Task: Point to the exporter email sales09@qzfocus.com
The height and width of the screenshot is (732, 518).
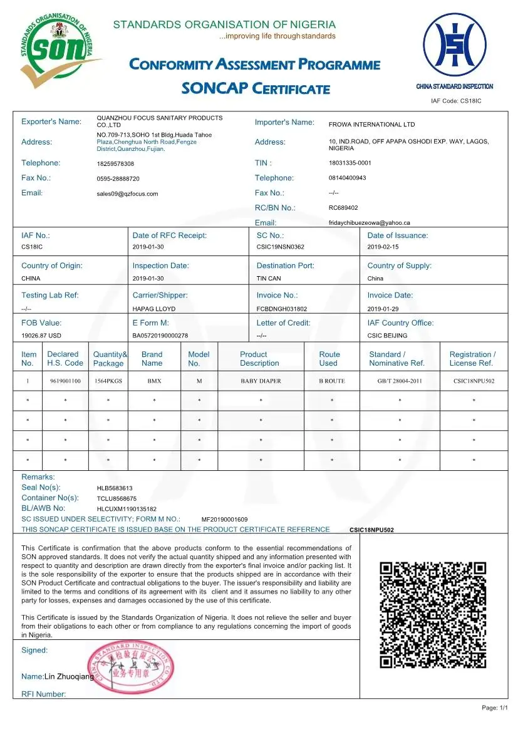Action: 127,194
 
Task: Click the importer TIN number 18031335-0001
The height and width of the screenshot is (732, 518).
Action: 350,163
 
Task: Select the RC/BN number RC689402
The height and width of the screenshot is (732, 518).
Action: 343,208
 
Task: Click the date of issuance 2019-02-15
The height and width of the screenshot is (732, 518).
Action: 383,247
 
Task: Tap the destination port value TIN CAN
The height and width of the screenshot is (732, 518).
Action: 270,278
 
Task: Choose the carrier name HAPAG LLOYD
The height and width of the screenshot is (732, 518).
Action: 154,309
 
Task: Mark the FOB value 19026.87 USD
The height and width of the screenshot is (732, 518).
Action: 41,336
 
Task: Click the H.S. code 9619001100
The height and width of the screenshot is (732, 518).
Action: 65,381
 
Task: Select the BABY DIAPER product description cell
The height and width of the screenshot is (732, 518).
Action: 261,381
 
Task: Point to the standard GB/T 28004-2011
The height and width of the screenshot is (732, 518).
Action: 399,381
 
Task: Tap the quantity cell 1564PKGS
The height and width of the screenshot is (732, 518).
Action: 108,381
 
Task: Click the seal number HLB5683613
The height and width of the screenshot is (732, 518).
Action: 115,488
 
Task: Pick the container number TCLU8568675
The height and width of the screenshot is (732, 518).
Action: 117,498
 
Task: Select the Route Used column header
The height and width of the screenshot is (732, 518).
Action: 329,359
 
